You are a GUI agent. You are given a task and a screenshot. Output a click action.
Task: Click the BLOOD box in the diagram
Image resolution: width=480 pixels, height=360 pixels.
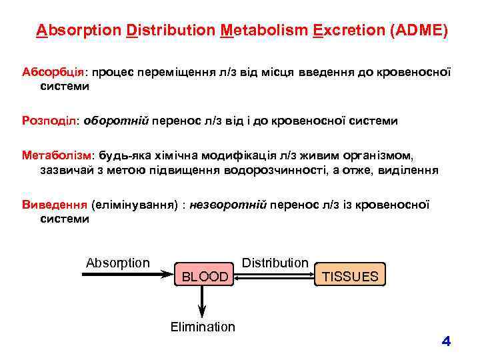[x=205, y=276]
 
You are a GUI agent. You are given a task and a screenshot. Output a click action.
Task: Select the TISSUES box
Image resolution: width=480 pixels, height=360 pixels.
[x=350, y=276]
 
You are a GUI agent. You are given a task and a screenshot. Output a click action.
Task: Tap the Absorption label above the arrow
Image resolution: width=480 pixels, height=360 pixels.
[x=118, y=263]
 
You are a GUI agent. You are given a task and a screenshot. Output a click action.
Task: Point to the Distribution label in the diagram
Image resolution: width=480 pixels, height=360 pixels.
[x=275, y=263]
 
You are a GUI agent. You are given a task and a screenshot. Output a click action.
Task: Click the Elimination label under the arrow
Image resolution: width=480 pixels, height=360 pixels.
[x=203, y=327]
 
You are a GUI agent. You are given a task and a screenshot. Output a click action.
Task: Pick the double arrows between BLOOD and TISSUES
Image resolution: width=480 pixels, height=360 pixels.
[x=274, y=276]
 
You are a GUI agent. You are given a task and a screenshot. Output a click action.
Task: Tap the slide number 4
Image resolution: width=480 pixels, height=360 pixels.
[x=446, y=342]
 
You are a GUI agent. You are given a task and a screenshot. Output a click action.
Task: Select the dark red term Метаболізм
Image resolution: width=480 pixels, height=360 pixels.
[x=59, y=157]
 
